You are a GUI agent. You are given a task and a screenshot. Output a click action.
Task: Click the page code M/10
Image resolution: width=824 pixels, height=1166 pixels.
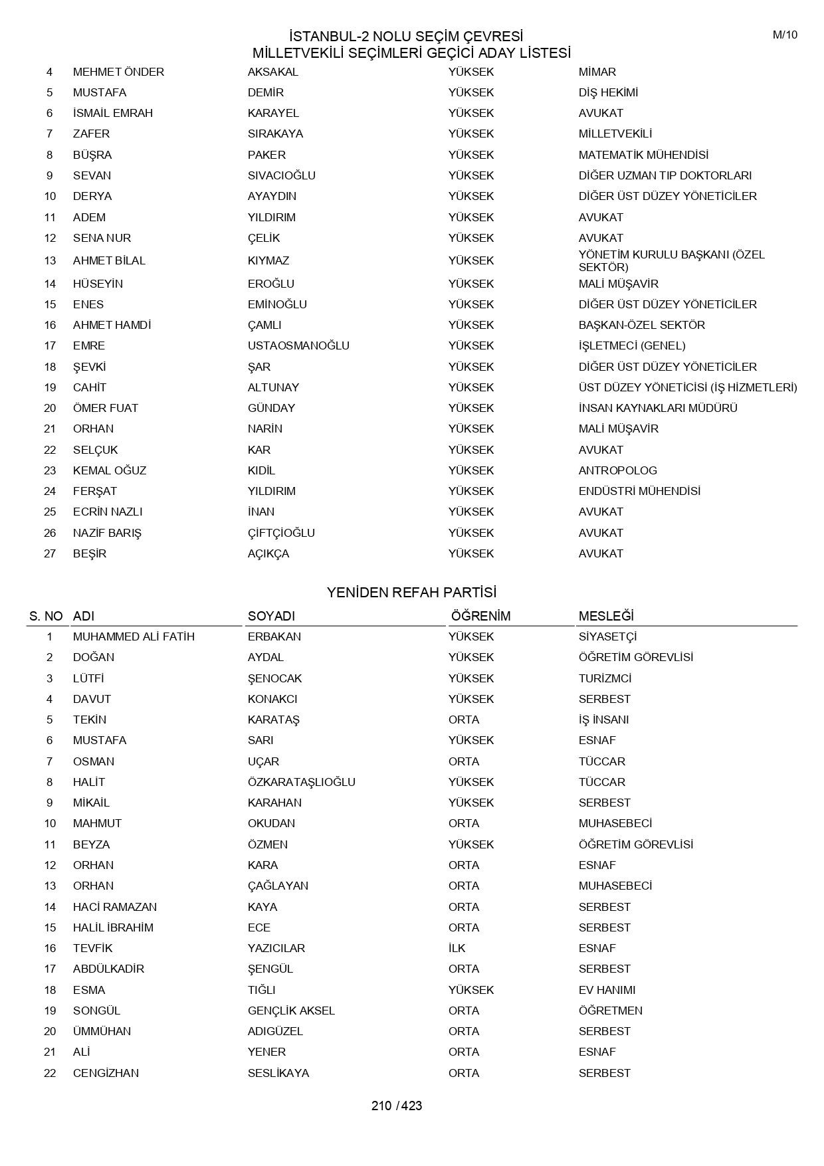point(784,35)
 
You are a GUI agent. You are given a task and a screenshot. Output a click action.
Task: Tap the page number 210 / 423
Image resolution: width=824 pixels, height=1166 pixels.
point(397,1106)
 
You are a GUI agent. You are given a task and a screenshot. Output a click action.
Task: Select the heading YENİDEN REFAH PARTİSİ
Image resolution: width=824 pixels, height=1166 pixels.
point(411,592)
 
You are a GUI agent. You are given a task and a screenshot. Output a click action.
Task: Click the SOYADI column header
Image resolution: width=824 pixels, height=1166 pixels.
point(271,616)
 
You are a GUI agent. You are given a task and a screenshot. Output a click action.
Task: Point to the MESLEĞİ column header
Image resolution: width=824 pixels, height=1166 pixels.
point(606,616)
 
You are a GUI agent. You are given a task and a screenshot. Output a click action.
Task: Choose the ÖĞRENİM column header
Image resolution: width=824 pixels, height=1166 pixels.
point(480,616)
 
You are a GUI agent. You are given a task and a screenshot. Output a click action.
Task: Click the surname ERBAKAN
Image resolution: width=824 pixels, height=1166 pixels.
point(274,636)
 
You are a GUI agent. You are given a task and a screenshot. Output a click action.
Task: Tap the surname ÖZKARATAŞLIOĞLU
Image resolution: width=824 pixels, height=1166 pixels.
point(302,782)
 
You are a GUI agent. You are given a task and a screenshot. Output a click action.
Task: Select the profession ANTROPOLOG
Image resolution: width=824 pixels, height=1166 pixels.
point(617,470)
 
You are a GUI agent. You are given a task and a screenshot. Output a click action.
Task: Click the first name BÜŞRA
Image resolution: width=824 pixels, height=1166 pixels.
point(92,155)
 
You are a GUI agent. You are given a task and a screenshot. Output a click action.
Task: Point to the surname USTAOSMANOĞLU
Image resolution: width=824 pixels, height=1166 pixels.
point(298,345)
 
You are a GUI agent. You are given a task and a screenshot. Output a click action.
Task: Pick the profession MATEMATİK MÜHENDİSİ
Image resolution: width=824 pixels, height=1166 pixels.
point(643,155)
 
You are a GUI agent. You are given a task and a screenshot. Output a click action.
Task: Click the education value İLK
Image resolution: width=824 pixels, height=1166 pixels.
point(457,948)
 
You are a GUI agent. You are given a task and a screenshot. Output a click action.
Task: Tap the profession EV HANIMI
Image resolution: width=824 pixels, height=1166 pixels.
point(607,990)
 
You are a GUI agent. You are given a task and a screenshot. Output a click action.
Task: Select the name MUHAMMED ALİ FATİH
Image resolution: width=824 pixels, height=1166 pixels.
point(134,636)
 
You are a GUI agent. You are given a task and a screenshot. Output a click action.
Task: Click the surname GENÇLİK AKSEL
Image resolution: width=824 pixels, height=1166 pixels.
point(291,1011)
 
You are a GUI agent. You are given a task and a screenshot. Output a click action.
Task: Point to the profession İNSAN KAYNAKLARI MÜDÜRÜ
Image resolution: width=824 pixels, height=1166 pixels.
point(658,408)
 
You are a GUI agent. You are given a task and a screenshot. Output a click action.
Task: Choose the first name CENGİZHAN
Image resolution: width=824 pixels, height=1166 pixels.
point(106,1073)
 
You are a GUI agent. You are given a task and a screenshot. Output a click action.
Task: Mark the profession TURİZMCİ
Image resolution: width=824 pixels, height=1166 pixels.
point(605,678)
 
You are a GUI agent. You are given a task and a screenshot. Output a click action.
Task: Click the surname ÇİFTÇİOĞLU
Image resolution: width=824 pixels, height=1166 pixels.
point(281,533)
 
